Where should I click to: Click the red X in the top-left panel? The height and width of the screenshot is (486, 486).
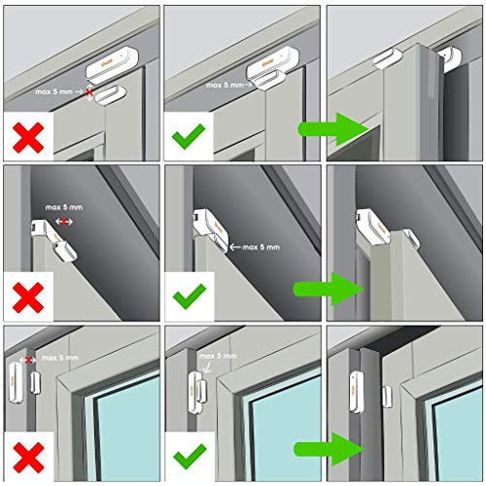point(29,136)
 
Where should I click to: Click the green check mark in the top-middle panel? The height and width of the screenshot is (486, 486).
point(191,136)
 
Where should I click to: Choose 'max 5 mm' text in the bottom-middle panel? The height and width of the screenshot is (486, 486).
point(217,357)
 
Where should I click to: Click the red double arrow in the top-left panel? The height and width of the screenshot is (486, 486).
point(89,93)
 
